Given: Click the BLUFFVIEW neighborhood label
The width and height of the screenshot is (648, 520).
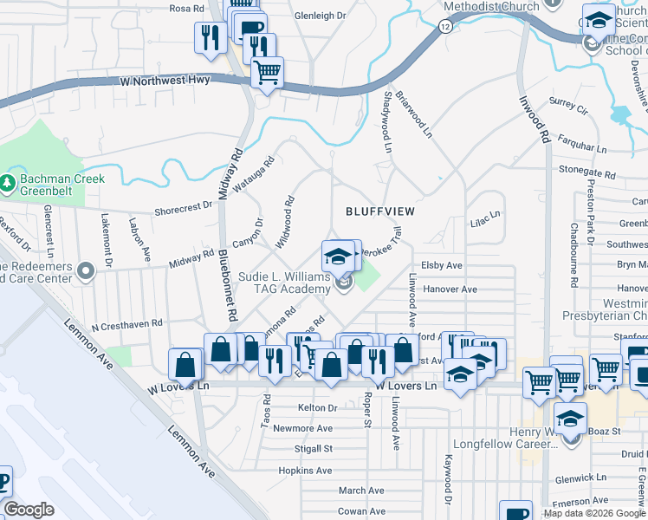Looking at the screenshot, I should point(380,211).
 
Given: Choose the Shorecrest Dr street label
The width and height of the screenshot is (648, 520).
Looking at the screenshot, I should point(183,208).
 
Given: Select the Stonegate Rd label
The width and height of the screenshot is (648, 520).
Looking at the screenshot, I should point(588,170).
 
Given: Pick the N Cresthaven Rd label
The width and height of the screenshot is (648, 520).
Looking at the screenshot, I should point(126,324).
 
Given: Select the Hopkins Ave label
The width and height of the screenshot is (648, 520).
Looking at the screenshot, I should point(306,471).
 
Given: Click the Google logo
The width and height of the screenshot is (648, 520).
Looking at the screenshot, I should point(29,510).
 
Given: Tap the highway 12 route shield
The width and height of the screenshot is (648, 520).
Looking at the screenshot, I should point(444,27).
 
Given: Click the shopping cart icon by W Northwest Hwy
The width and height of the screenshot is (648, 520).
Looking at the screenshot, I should point(268,72).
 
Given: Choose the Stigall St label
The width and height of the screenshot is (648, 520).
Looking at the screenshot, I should point(314,449).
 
